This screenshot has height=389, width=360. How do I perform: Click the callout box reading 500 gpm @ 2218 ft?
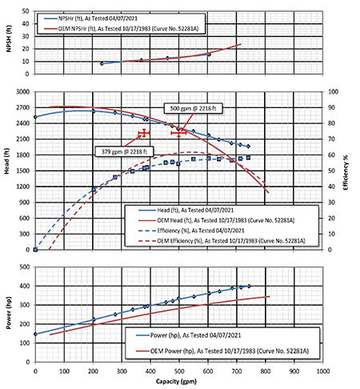[x=193, y=109]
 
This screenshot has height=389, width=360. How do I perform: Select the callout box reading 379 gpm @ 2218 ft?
[x=124, y=151]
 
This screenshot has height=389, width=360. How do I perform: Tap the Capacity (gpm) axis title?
[x=176, y=382]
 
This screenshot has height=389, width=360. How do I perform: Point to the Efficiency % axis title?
[x=346, y=173]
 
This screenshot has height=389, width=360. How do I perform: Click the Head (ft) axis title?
[x=6, y=161]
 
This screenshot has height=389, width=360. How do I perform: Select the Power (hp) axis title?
[x=9, y=313]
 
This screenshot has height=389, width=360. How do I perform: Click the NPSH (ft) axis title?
[x=9, y=38]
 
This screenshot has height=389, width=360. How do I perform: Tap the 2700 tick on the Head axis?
[x=24, y=107]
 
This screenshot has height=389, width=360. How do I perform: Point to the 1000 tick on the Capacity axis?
[x=323, y=371]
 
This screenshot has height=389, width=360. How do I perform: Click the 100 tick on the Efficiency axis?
[x=333, y=92]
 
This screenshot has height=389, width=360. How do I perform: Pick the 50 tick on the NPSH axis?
[x=26, y=11]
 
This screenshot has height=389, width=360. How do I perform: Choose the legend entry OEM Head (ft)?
[x=216, y=220]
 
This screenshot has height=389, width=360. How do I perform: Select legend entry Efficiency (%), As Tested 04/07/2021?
[x=191, y=231]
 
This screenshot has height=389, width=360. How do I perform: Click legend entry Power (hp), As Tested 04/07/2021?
[x=188, y=335]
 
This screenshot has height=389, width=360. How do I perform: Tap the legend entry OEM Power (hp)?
[x=222, y=351]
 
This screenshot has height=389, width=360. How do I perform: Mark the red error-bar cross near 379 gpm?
[x=144, y=133]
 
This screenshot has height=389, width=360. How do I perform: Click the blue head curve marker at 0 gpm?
[x=35, y=117]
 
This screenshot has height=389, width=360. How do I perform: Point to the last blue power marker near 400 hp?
[x=249, y=287]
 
